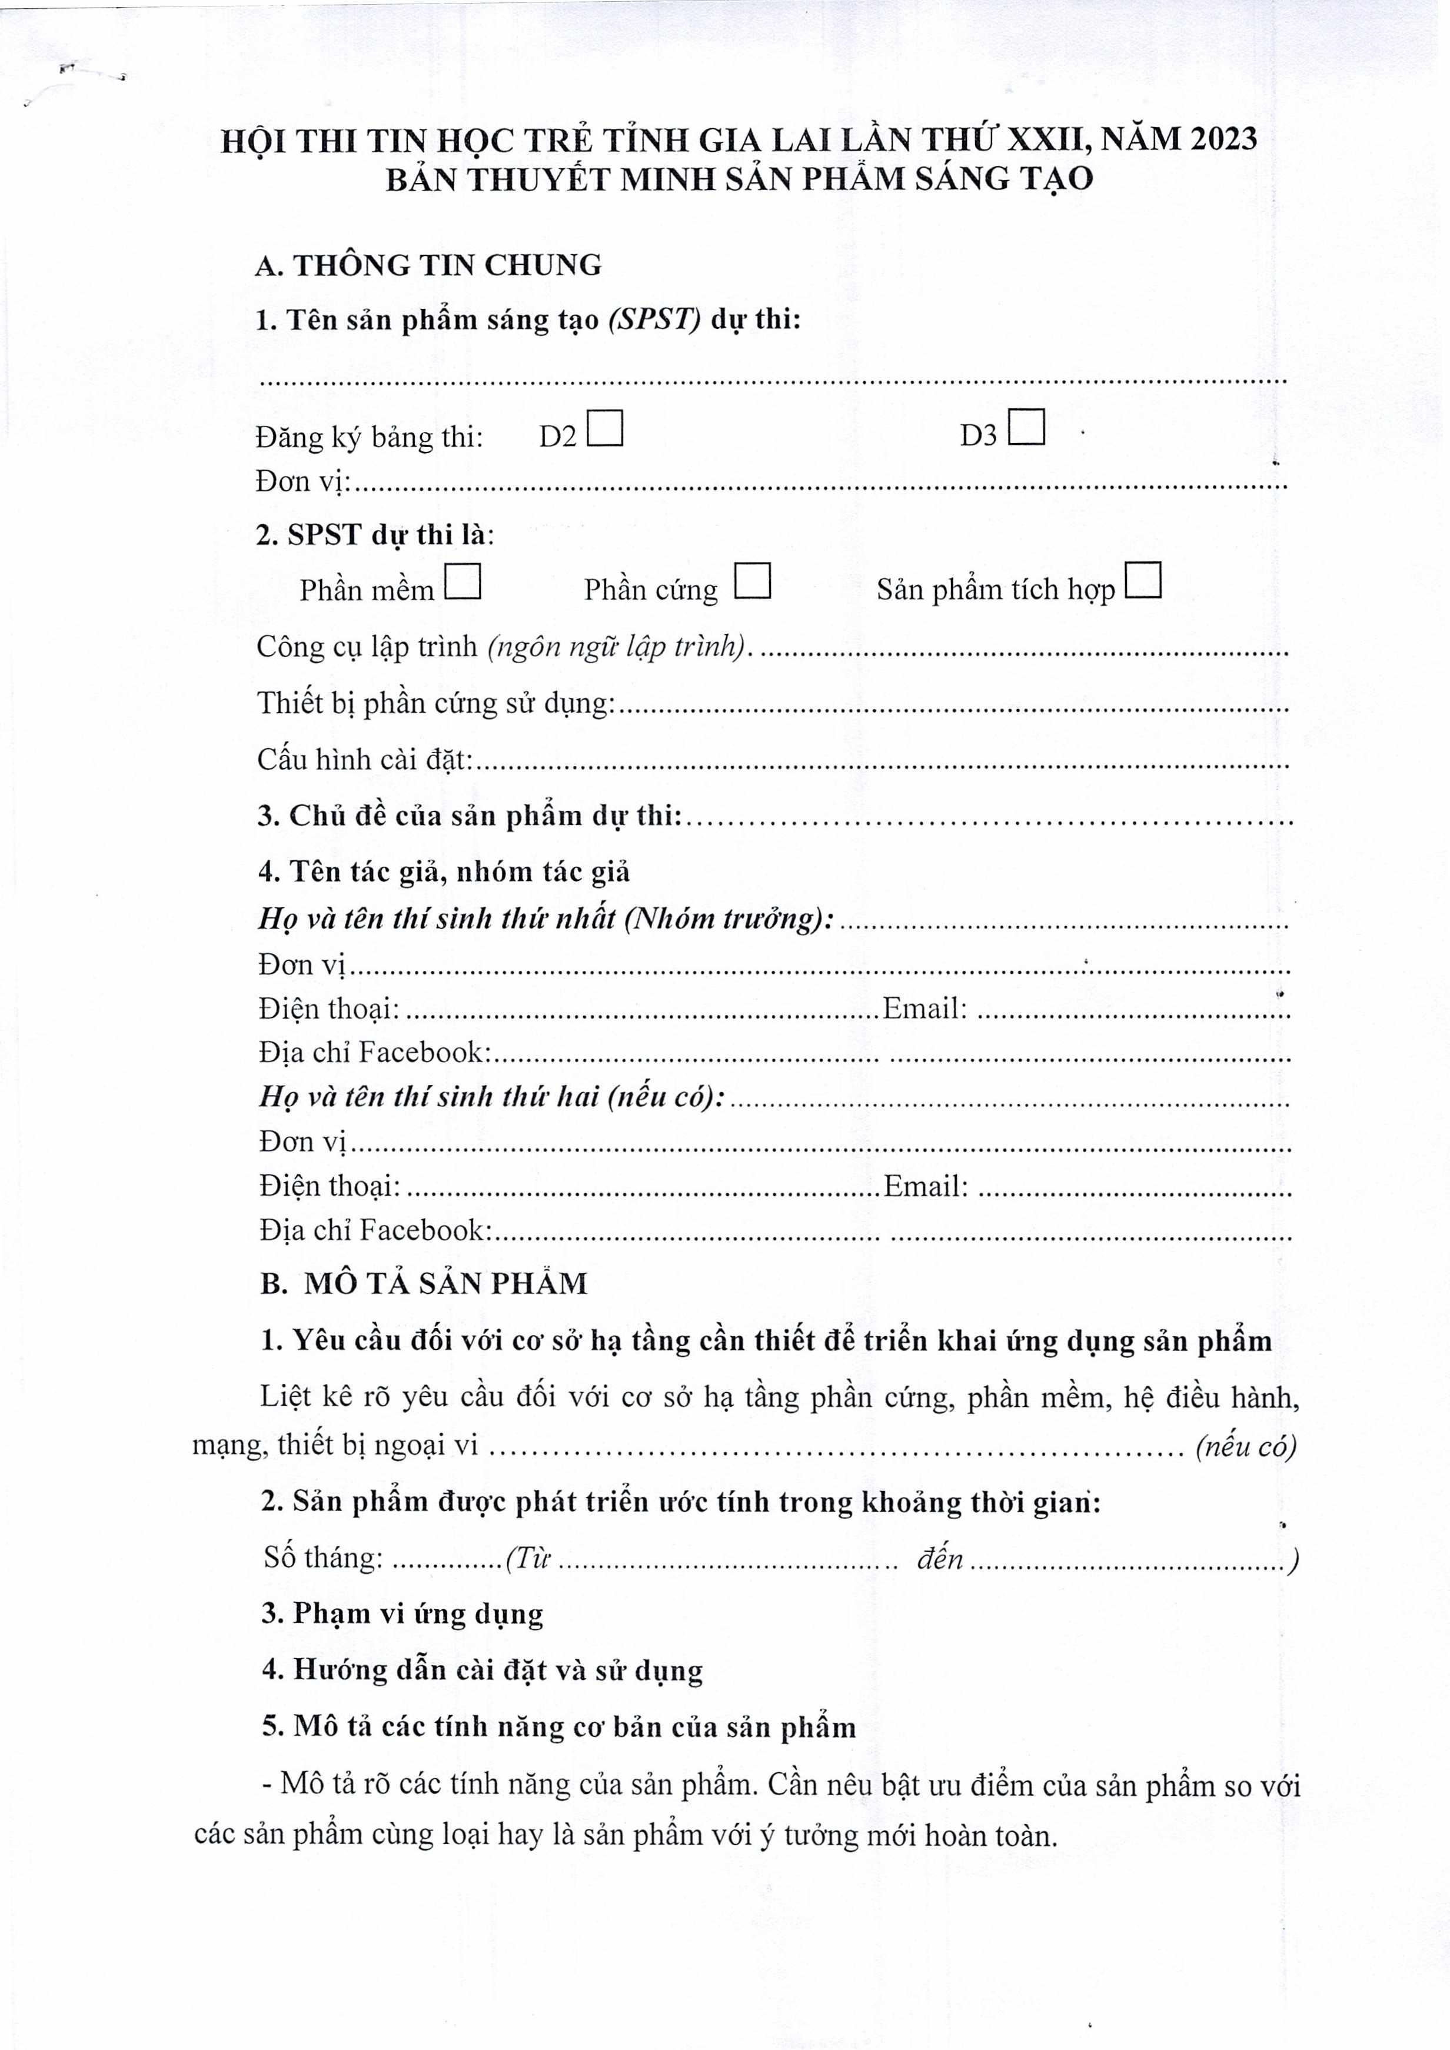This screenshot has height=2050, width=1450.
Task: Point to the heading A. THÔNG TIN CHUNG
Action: [x=428, y=265]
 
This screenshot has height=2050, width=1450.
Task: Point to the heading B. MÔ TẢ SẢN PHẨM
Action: [x=424, y=1284]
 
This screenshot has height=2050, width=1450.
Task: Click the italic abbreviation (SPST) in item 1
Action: [x=654, y=320]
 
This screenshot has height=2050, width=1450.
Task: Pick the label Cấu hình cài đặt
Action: [x=364, y=759]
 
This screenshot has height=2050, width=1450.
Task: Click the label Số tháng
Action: [x=323, y=1557]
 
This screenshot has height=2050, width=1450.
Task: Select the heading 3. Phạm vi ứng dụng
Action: [x=402, y=1613]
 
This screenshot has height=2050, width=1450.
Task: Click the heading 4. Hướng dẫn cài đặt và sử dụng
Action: [x=482, y=1670]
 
